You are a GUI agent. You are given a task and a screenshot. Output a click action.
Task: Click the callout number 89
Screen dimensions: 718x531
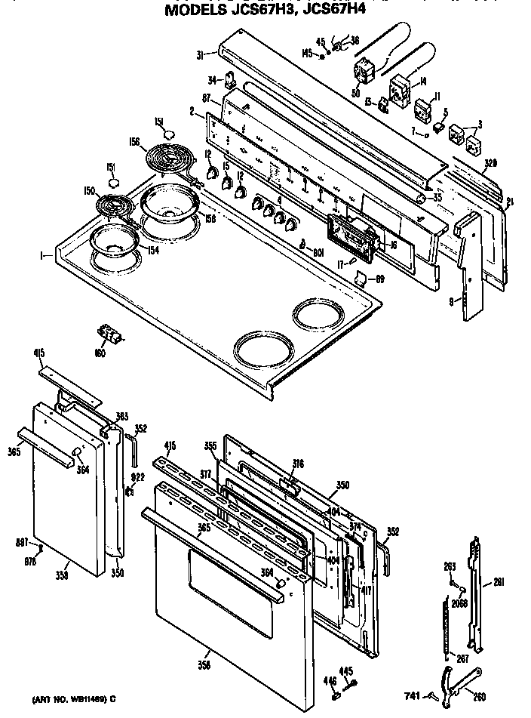click(380, 279)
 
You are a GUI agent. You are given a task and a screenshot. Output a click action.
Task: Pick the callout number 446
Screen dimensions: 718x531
click(329, 681)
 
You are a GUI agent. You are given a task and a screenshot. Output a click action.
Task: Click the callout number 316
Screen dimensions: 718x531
click(299, 464)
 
